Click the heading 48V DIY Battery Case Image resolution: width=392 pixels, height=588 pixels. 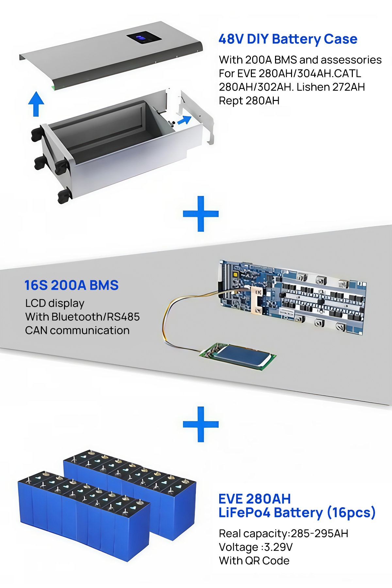pos(288,39)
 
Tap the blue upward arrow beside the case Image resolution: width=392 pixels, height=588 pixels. pos(36,104)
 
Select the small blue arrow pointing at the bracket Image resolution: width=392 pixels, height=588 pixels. pos(184,120)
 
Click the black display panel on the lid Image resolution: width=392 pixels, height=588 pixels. pos(144,38)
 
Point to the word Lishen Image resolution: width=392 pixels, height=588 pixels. pos(313,87)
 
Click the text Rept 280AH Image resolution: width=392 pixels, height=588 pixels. pos(249,101)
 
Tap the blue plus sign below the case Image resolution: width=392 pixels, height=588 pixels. pos(201,214)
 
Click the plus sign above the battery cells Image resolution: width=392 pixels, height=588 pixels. pos(201,424)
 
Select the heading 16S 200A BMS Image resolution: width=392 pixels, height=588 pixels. pos(72,285)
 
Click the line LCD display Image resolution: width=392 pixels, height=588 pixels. pos(55,303)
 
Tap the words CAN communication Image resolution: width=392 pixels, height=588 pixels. pos(77,331)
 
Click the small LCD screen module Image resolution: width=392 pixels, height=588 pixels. pos(238,356)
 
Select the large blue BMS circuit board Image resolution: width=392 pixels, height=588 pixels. pos(292,297)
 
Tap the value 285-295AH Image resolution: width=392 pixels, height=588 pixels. pos(319,533)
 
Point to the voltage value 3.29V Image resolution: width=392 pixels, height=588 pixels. pos(278,547)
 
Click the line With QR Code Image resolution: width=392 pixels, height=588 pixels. pos(254,561)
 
